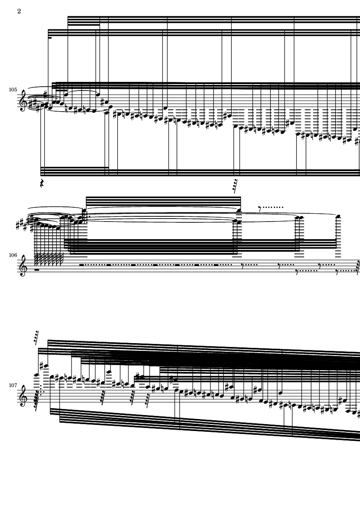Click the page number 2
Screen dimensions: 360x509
19,11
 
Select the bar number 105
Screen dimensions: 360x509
13,90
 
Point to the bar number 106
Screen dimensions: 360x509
13,255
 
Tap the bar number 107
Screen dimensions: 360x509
13,385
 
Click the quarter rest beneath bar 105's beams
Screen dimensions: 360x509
41,183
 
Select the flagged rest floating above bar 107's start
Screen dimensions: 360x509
36,337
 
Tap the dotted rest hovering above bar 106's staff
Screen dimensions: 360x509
271,207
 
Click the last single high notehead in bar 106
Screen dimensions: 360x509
338,216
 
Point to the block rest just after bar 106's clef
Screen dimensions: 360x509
37,270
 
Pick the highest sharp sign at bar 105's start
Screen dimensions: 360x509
46,94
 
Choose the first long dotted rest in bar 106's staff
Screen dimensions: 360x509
93,265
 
